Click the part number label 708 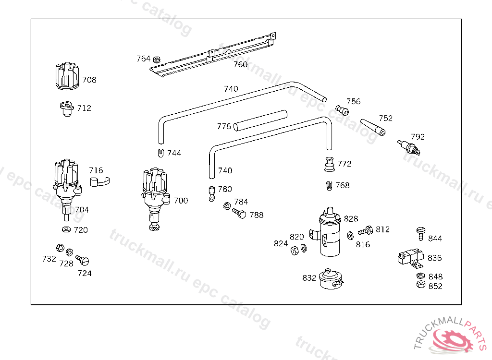[x=89, y=80]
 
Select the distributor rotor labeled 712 [x=66, y=108]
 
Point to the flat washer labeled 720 [x=66, y=229]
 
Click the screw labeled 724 [x=83, y=260]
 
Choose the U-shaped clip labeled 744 [x=160, y=153]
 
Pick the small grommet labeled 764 [x=156, y=59]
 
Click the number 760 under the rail [x=240, y=64]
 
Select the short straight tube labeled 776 [x=260, y=121]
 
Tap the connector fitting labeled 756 [x=342, y=110]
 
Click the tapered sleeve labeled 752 [x=373, y=127]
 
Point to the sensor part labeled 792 [x=408, y=147]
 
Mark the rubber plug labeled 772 [x=329, y=164]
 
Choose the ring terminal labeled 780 [x=212, y=194]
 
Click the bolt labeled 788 [x=239, y=213]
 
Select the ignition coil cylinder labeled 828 [x=330, y=232]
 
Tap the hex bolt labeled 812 [x=366, y=231]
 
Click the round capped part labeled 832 [x=331, y=278]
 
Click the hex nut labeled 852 [x=421, y=285]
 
